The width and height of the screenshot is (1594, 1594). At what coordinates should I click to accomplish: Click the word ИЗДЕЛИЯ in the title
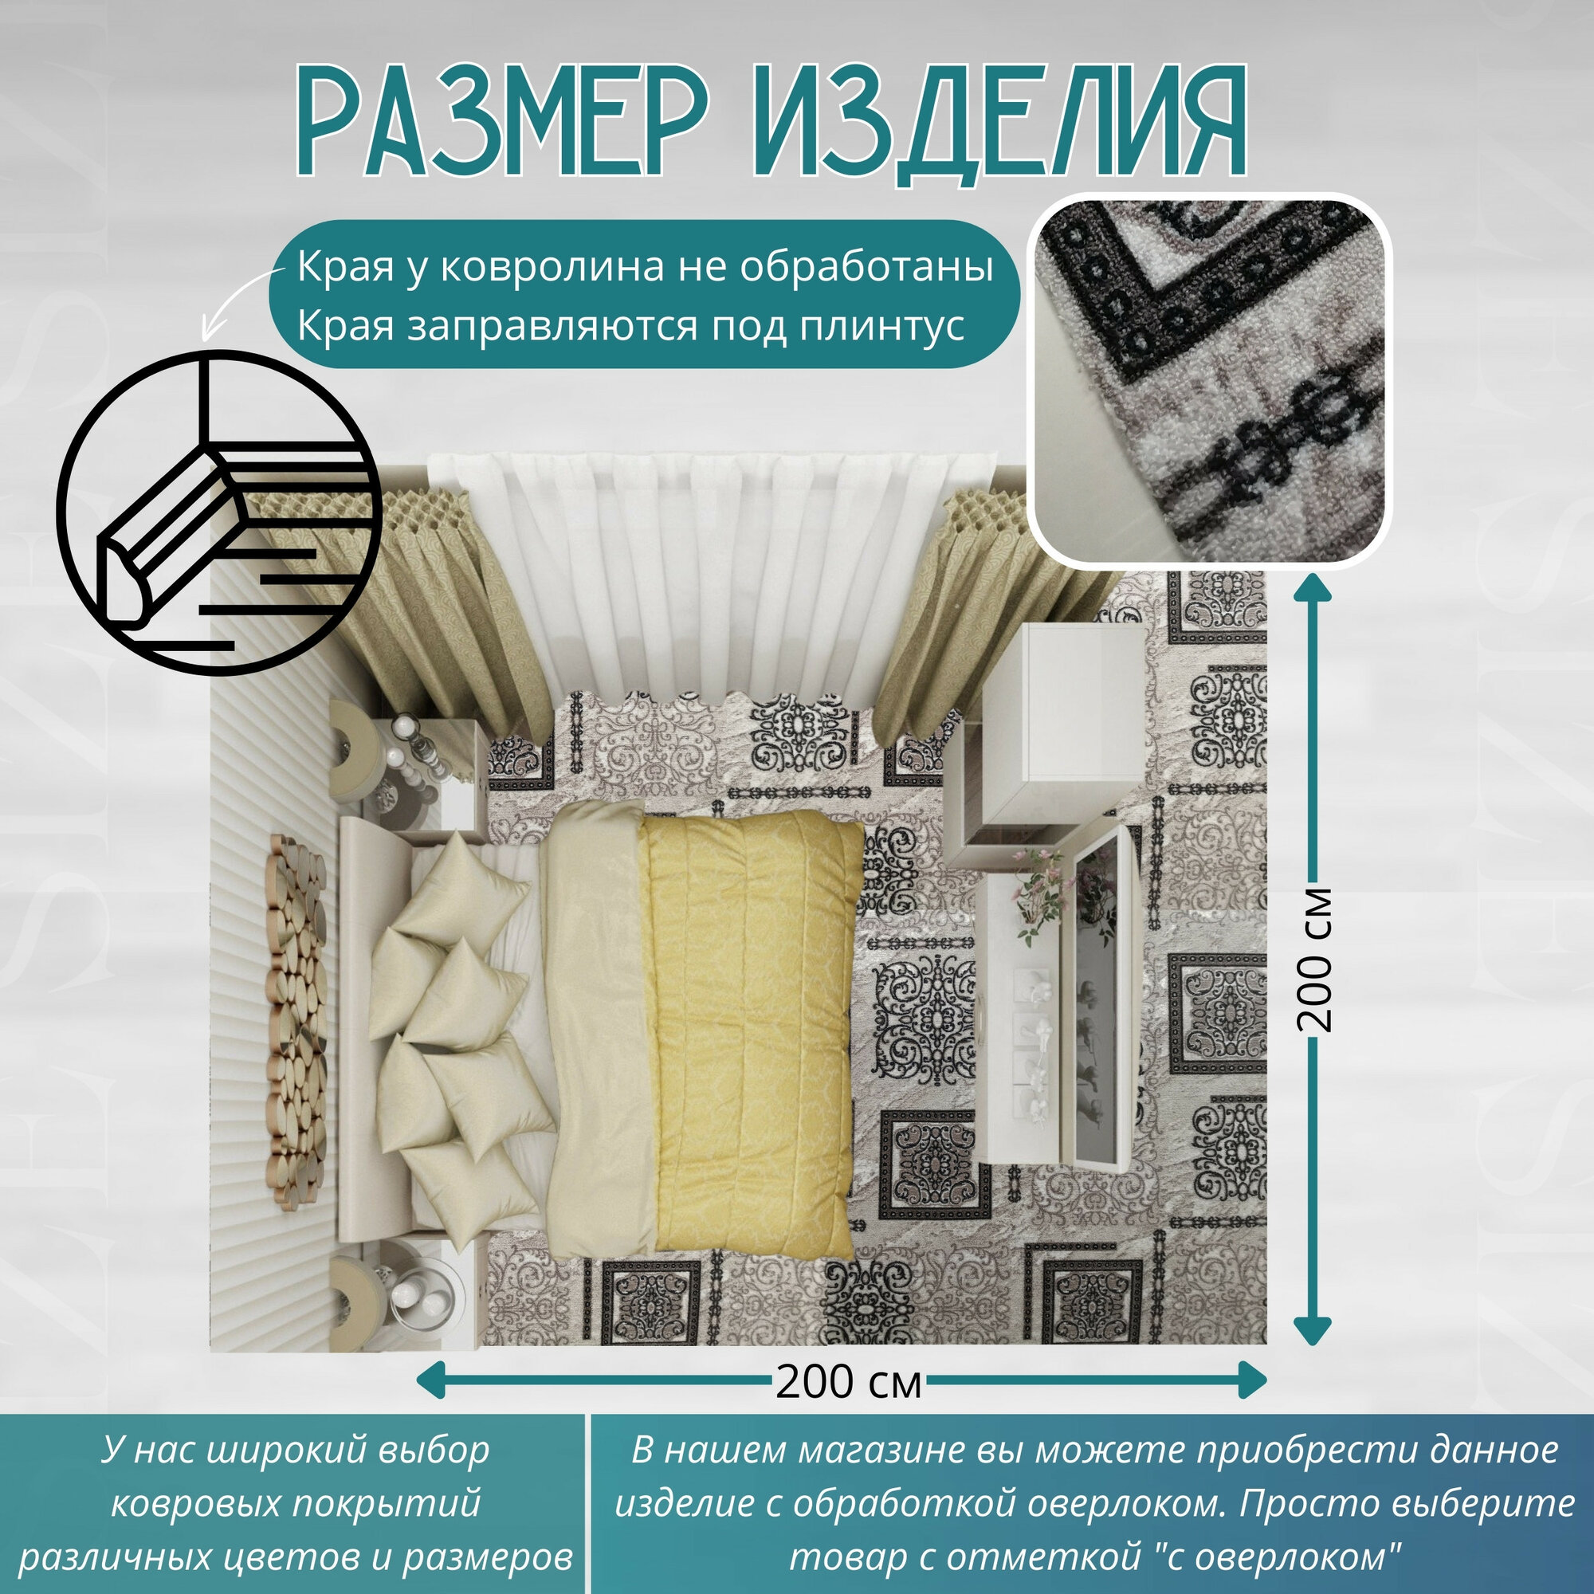(999, 124)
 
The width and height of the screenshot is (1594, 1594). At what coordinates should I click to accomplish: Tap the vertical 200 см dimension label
(1313, 959)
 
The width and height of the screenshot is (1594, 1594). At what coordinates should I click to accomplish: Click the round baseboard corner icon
(218, 512)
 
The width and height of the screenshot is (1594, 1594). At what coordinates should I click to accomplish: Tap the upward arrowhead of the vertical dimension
(1313, 587)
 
